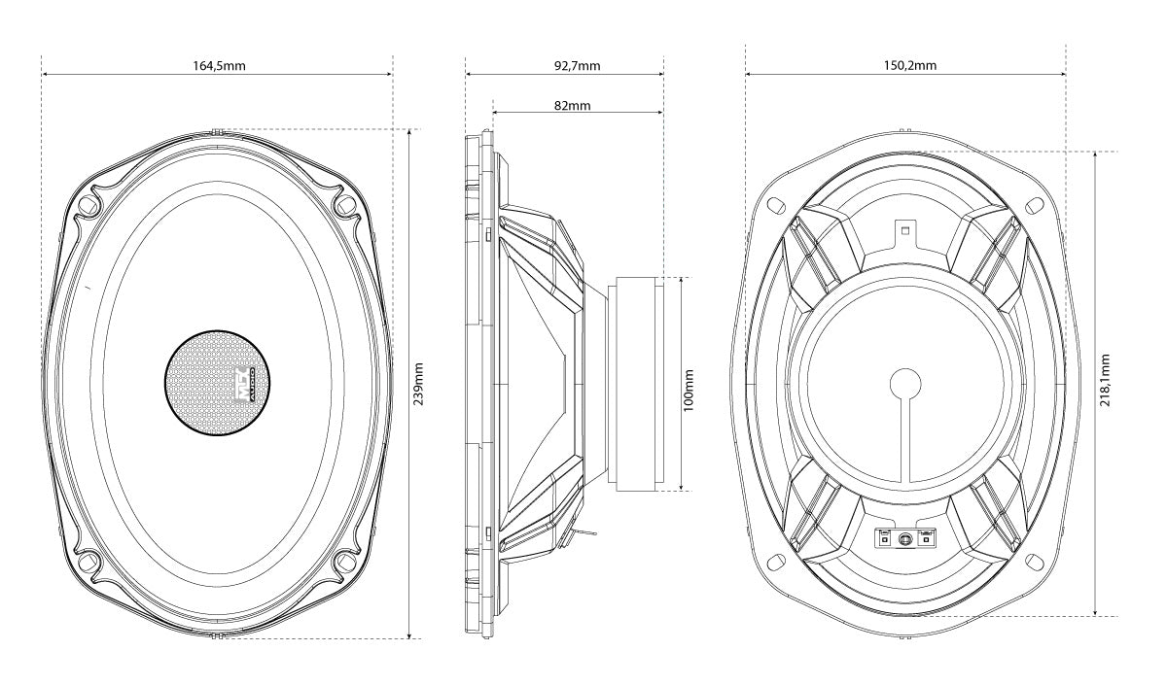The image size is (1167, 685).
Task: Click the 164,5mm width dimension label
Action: tap(216, 66)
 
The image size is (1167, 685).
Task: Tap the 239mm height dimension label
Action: tap(419, 384)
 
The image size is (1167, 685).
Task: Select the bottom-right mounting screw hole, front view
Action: tap(346, 562)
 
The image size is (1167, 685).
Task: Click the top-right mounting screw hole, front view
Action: tap(346, 206)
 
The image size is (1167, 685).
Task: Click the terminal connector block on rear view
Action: tap(904, 538)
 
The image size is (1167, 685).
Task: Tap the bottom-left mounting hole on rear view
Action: tap(775, 561)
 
